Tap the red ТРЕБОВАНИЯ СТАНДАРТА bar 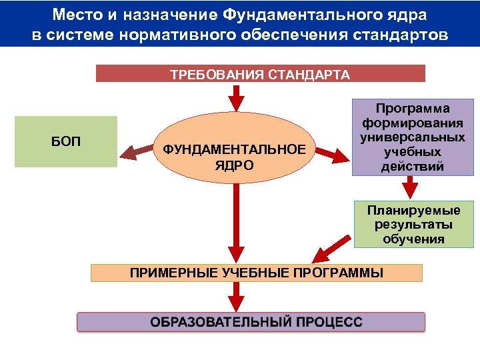(x=260, y=73)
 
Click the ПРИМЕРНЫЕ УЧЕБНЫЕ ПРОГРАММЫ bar (x=257, y=273)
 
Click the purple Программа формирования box (x=412, y=137)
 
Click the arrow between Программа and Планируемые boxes (x=412, y=188)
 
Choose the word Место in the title (x=75, y=14)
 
